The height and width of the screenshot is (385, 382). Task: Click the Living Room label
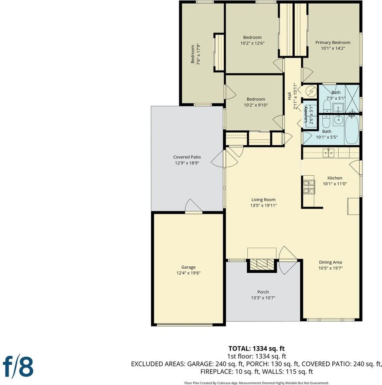tap(263, 200)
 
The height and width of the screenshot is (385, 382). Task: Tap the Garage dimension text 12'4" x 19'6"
tap(188, 273)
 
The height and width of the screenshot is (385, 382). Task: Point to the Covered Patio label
tap(187, 157)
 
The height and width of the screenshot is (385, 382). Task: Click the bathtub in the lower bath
tap(352, 130)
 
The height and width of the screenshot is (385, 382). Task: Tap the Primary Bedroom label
tap(333, 43)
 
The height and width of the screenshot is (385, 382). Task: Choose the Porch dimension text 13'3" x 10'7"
tap(263, 298)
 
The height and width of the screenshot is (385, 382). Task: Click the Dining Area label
tap(330, 262)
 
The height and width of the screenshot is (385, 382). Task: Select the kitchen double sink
tap(328, 153)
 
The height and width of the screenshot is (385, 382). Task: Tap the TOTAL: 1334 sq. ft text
tap(257, 349)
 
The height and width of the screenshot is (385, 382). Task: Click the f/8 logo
tap(18, 367)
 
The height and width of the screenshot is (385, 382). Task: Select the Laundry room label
tap(306, 114)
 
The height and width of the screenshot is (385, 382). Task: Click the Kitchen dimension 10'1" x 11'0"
tap(335, 184)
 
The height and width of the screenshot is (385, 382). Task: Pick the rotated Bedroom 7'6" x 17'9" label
tap(196, 54)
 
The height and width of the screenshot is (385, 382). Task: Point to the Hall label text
tap(289, 96)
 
